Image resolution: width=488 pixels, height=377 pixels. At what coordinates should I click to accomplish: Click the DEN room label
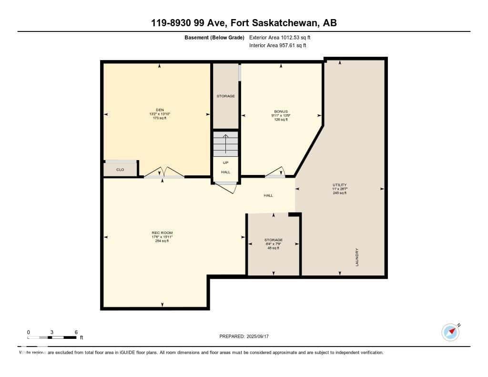click(x=159, y=110)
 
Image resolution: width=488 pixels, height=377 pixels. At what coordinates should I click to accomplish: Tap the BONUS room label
click(x=281, y=112)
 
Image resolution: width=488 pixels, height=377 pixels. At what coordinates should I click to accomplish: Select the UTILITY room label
click(x=340, y=185)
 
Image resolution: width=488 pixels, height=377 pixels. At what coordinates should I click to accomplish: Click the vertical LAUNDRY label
click(x=356, y=257)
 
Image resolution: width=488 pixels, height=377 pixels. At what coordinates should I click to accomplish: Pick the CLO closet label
click(x=120, y=170)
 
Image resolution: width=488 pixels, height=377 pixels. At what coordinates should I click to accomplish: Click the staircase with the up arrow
click(x=225, y=144)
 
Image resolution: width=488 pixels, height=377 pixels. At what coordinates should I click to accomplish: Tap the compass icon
click(x=450, y=332)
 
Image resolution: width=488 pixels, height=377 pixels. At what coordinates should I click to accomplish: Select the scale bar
click(x=52, y=337)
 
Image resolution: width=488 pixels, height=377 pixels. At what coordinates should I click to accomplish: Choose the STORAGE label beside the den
click(x=225, y=96)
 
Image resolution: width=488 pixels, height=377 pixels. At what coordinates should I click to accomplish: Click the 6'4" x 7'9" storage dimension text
click(x=274, y=244)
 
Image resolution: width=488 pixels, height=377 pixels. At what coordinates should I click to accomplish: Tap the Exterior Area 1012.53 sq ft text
click(x=280, y=38)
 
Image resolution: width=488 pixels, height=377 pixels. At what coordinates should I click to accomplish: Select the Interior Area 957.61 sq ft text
click(x=277, y=46)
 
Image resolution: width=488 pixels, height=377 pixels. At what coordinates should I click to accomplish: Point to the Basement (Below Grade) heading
click(x=214, y=38)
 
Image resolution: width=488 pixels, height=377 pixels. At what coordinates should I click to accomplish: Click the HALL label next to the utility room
click(x=268, y=195)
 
